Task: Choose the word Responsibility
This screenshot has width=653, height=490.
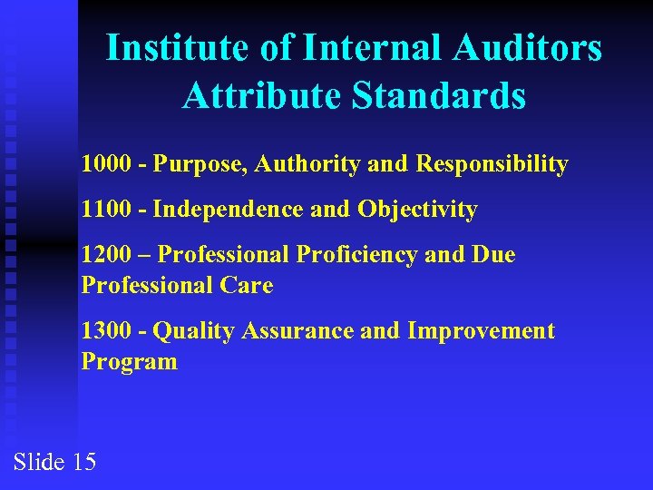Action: (492, 165)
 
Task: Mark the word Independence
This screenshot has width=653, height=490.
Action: (228, 211)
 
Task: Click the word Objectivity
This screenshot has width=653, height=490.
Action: (417, 211)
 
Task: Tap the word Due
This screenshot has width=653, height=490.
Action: (492, 255)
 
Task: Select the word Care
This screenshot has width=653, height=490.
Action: (248, 286)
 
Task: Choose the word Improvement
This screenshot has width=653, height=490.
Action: (482, 332)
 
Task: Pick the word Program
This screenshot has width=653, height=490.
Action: (129, 363)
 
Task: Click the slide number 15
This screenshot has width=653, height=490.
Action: (83, 462)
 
